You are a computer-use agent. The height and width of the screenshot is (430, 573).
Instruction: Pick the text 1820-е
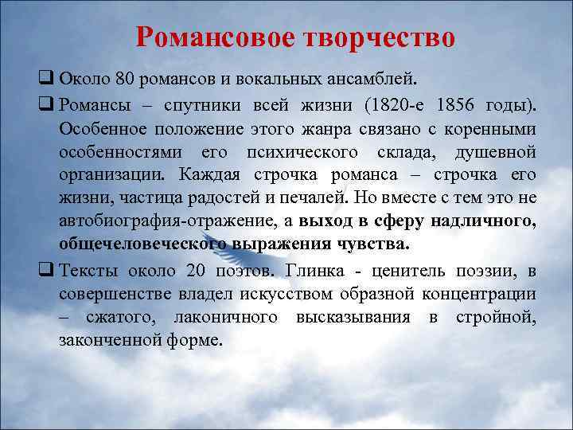pos(396,105)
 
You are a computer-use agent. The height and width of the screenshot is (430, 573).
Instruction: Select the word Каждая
pos(211,174)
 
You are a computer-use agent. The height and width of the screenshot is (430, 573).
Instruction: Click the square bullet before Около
pos(45,80)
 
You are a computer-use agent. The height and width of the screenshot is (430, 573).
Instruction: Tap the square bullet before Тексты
pos(45,269)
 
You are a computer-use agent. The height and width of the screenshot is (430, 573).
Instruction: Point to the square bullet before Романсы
pos(45,105)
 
